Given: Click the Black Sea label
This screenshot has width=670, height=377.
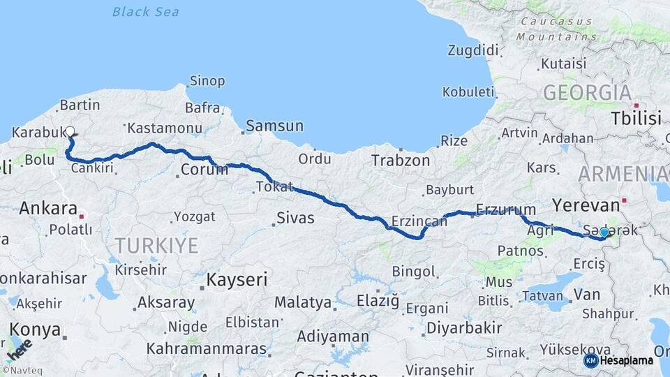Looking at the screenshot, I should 145,12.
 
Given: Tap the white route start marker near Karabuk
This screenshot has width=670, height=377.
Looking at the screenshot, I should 70,131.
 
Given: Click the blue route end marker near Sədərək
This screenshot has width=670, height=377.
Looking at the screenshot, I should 604,232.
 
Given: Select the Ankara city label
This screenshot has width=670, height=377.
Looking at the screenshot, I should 48,208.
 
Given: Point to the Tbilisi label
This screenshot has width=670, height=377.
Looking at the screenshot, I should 636,118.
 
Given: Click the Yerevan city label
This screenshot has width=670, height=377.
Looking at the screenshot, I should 586,205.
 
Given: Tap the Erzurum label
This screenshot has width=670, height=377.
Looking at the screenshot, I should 506,209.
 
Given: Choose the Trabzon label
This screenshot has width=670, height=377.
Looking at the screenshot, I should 401,160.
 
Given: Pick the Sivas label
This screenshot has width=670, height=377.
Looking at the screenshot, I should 295,218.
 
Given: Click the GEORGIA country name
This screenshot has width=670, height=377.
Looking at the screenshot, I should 587,92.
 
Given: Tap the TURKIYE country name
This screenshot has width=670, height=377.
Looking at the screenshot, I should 157,245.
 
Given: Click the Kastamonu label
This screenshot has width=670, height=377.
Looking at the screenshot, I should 165,128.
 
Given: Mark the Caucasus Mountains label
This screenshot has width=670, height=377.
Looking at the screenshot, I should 558,29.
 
